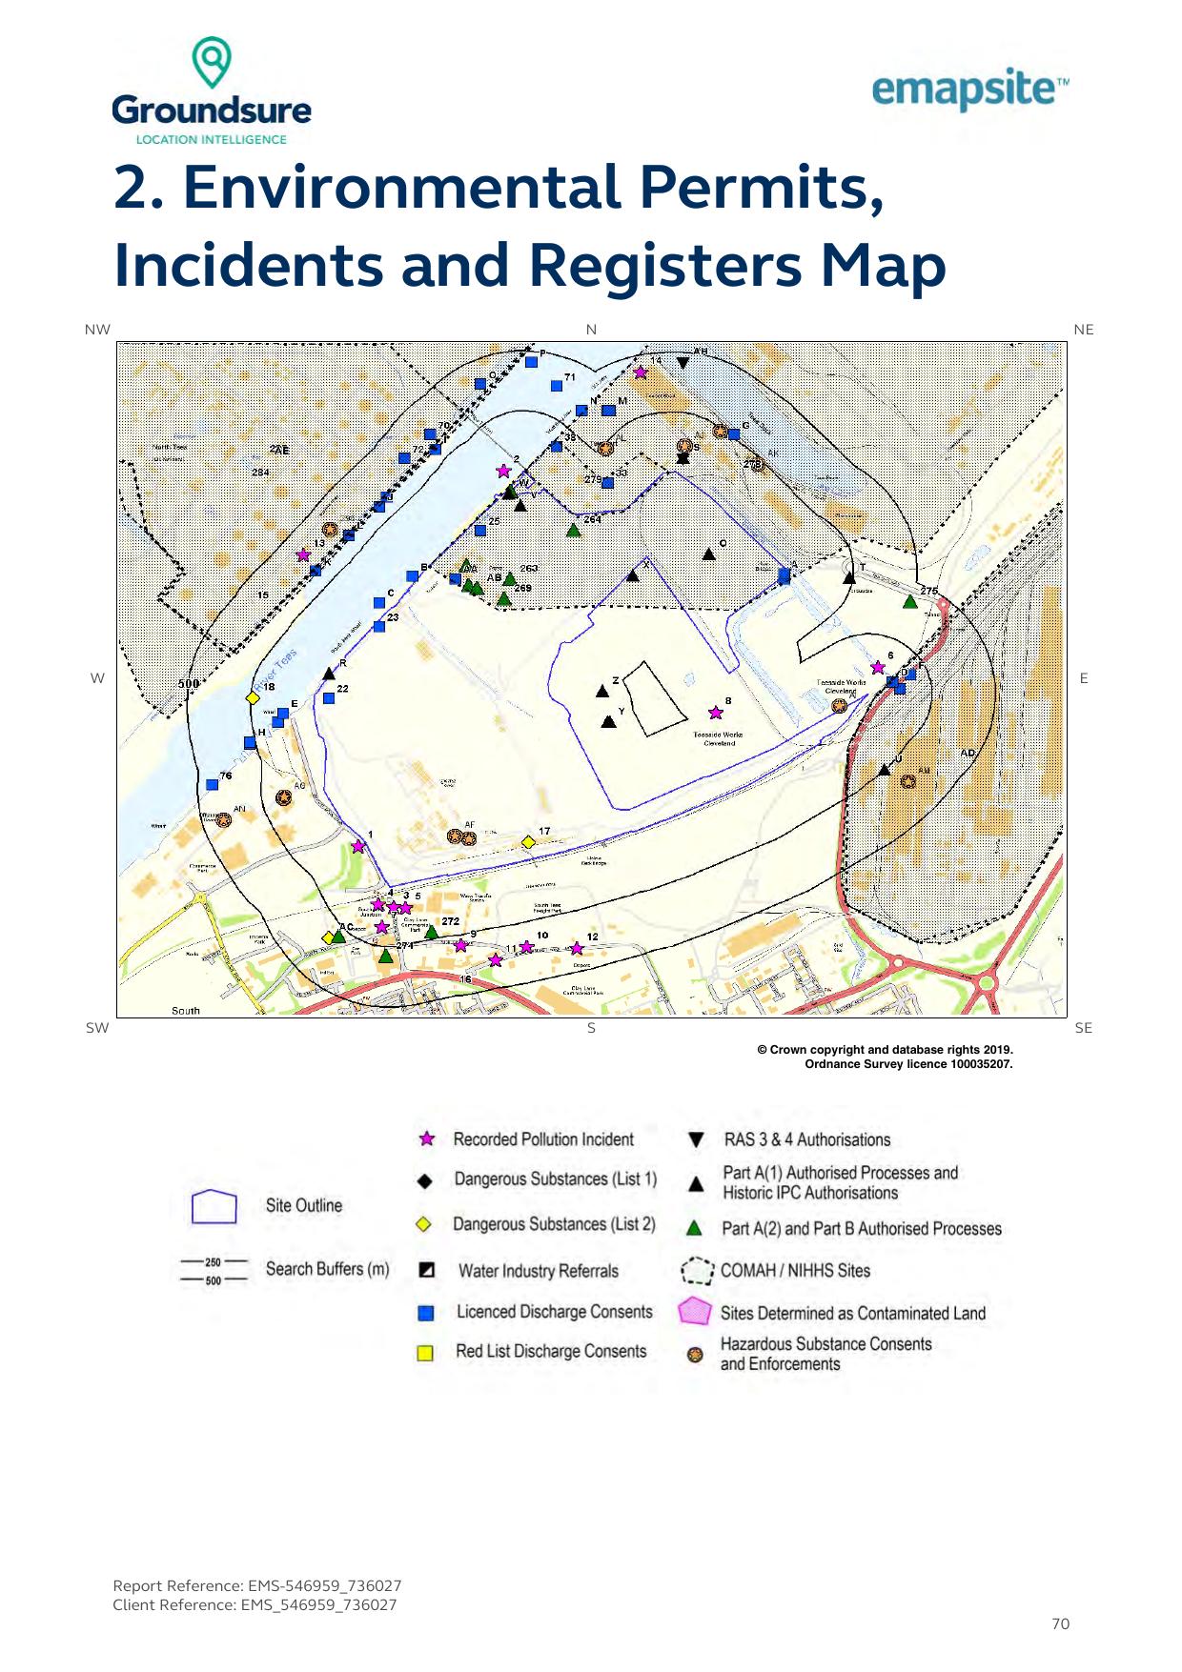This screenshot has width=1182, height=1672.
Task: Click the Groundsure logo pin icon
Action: pyautogui.click(x=212, y=62)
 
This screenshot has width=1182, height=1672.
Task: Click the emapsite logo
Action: pyautogui.click(x=969, y=91)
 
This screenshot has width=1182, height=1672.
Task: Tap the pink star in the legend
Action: pyautogui.click(x=428, y=1139)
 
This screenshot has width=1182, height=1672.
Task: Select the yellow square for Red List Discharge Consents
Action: pyautogui.click(x=426, y=1353)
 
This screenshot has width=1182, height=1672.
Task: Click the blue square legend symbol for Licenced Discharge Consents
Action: pyautogui.click(x=426, y=1313)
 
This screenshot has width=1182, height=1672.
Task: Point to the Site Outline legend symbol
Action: pyautogui.click(x=214, y=1206)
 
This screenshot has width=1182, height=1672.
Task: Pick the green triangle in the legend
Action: pyautogui.click(x=696, y=1229)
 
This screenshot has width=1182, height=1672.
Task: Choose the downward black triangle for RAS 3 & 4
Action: pyautogui.click(x=696, y=1140)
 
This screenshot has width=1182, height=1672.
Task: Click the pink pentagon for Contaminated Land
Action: pyautogui.click(x=696, y=1312)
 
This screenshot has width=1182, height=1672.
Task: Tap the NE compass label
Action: pyautogui.click(x=1083, y=330)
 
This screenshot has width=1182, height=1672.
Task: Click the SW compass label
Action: pyautogui.click(x=97, y=1028)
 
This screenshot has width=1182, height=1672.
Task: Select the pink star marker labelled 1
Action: pyautogui.click(x=357, y=846)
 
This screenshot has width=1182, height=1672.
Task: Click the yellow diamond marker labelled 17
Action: pyautogui.click(x=528, y=842)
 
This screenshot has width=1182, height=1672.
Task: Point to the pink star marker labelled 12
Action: pyautogui.click(x=576, y=948)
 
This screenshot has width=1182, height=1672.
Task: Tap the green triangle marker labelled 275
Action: pyautogui.click(x=910, y=601)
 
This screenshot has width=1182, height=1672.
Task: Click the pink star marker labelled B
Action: pyautogui.click(x=716, y=713)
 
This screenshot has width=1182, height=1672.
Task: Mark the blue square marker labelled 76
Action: pyautogui.click(x=212, y=785)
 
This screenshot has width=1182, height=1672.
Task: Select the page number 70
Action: pyautogui.click(x=1060, y=1623)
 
